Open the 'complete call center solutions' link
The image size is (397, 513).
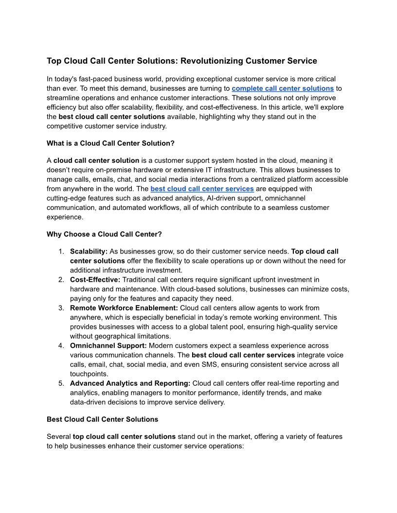(283, 88)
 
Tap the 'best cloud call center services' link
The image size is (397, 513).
(202, 188)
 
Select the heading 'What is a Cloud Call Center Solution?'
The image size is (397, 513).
(110, 143)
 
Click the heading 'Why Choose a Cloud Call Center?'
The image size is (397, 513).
(104, 234)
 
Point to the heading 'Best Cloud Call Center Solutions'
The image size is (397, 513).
(102, 419)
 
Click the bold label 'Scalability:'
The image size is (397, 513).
(89, 252)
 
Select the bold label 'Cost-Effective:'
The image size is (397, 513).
(95, 280)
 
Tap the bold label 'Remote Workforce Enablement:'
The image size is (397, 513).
(124, 308)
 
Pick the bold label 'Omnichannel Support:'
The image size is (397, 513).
(108, 346)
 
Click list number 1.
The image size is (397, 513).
(61, 252)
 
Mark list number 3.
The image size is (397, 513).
(61, 308)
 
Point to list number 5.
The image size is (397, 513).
(61, 383)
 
